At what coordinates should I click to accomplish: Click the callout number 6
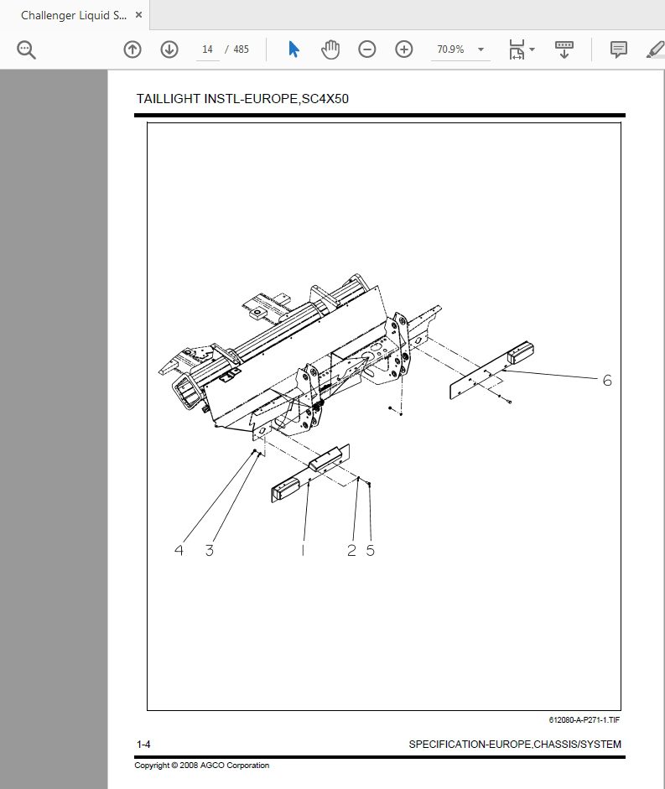pos(607,381)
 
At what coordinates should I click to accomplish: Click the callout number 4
pos(179,551)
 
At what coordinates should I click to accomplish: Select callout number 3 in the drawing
pos(209,551)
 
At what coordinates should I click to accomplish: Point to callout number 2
pos(351,551)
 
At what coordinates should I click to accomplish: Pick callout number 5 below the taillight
pos(370,551)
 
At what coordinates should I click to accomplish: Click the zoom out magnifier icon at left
pos(27,49)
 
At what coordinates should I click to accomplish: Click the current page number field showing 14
pos(207,49)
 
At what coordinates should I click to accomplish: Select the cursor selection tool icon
pos(294,49)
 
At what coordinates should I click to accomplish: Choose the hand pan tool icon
pos(330,49)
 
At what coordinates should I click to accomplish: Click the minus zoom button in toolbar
pos(367,49)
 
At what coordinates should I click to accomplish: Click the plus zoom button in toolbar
pos(404,49)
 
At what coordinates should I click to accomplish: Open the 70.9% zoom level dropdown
pos(460,49)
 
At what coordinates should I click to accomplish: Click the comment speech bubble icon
pos(619,49)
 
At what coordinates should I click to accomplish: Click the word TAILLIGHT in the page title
pos(165,99)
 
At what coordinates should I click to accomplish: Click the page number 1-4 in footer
pos(143,745)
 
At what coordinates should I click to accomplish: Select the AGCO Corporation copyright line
pos(201,765)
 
